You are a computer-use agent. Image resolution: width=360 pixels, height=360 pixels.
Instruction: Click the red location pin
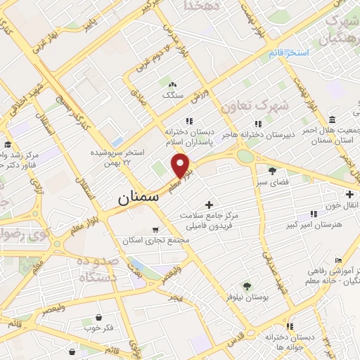[181, 165]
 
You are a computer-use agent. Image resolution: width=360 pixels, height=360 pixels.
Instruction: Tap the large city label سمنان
[139, 198]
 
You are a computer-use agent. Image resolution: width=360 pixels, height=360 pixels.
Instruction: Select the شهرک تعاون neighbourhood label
[255, 106]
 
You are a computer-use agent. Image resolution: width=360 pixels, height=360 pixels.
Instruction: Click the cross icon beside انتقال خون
[349, 194]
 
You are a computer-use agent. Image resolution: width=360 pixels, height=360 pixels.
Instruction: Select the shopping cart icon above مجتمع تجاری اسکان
[155, 230]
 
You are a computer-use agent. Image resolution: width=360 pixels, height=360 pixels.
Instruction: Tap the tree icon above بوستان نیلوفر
[246, 285]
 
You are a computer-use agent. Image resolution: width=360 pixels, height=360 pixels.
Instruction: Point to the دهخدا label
[202, 6]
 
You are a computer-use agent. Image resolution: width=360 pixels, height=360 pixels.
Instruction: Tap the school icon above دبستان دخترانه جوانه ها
[271, 318]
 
